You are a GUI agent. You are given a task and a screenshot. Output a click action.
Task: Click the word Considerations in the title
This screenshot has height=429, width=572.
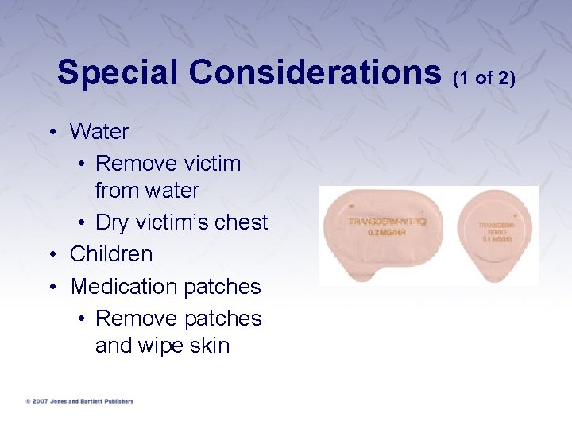click(315, 72)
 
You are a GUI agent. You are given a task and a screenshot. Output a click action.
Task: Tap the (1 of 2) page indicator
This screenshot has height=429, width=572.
click(484, 77)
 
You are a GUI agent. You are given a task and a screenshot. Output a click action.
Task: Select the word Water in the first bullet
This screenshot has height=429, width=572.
click(99, 131)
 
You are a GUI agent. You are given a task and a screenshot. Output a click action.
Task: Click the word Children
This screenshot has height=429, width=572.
click(111, 254)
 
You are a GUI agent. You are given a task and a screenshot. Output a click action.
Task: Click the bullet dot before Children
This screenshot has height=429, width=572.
click(52, 254)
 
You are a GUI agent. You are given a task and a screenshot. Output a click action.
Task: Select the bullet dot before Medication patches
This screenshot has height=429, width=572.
click(52, 286)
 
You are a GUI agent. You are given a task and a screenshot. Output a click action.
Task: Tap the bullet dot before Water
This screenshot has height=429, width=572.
click(52, 131)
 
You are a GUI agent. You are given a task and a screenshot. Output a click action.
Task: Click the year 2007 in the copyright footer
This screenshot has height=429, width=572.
click(38, 401)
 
